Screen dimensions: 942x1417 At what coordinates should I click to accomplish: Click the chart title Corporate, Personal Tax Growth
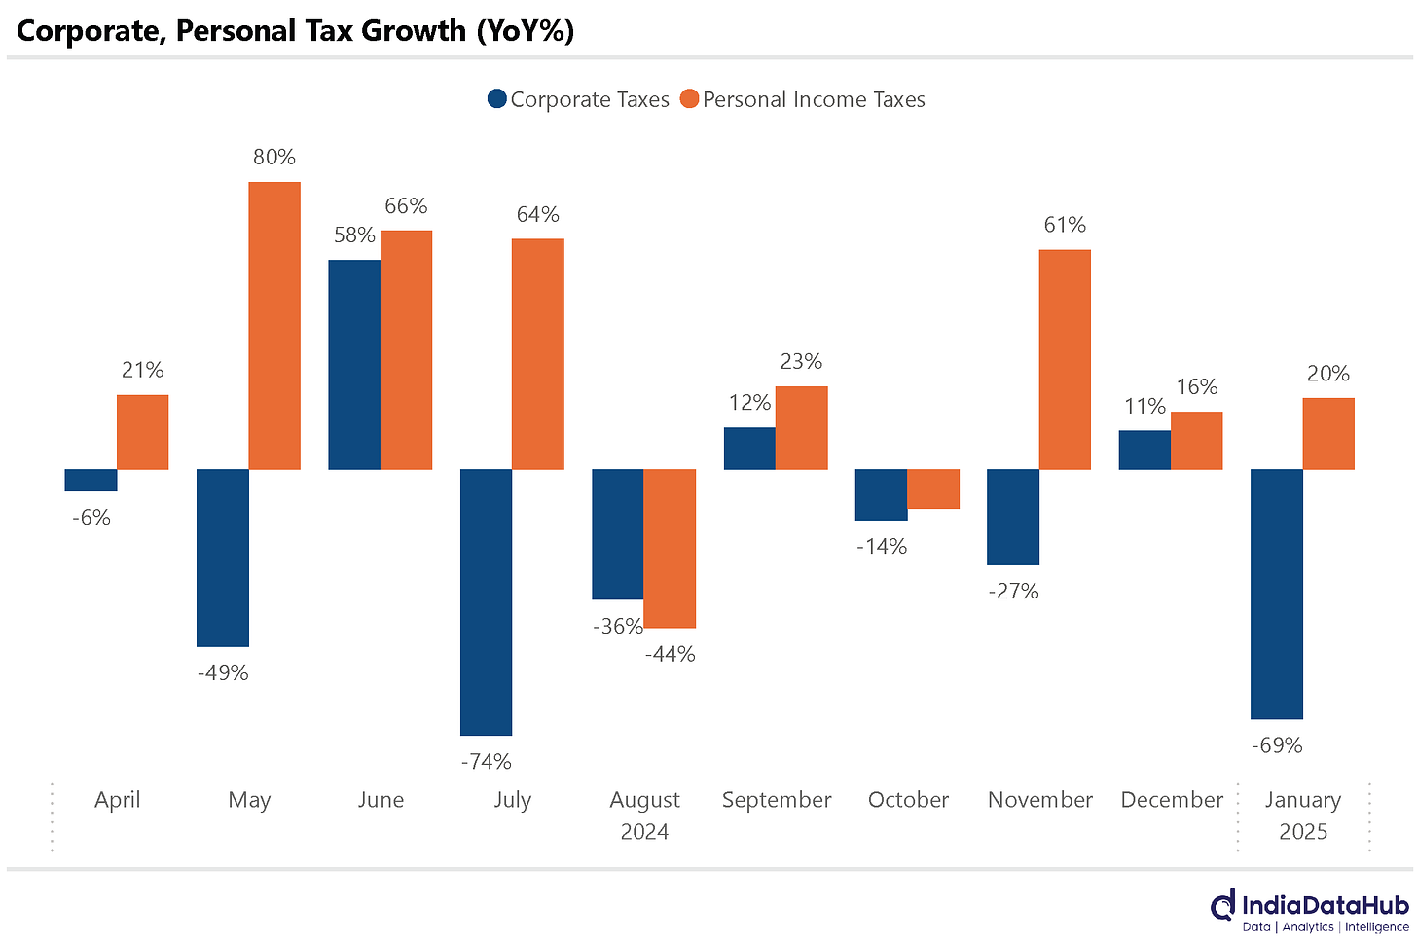pyautogui.click(x=296, y=31)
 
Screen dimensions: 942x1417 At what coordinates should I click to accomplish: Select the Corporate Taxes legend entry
pyautogui.click(x=578, y=99)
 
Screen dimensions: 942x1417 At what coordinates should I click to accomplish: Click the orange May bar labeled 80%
pyautogui.click(x=274, y=325)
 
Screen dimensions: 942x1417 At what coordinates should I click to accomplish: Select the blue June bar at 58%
pyautogui.click(x=354, y=364)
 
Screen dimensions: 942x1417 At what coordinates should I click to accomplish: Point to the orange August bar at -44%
pyautogui.click(x=670, y=548)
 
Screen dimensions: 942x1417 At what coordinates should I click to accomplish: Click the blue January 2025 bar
pyautogui.click(x=1276, y=594)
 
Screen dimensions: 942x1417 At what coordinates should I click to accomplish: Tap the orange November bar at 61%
pyautogui.click(x=1065, y=359)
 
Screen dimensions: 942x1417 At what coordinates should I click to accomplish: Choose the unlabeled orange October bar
pyautogui.click(x=933, y=489)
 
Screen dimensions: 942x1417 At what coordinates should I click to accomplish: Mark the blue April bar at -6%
pyautogui.click(x=91, y=480)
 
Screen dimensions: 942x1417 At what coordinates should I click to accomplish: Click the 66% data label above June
pyautogui.click(x=406, y=206)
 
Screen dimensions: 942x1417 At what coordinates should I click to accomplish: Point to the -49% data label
pyautogui.click(x=223, y=672)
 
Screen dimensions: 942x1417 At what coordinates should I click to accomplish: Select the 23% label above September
pyautogui.click(x=801, y=362)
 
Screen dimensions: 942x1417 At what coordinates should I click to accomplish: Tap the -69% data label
pyautogui.click(x=1277, y=745)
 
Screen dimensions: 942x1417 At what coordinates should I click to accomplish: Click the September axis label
pyautogui.click(x=776, y=800)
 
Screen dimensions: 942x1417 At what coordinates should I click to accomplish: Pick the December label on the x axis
pyautogui.click(x=1172, y=800)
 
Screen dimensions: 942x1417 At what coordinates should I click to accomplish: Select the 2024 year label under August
pyautogui.click(x=644, y=832)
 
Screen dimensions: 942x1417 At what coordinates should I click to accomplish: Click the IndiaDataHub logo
pyautogui.click(x=1309, y=911)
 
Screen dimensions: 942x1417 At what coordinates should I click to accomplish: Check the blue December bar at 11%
pyautogui.click(x=1144, y=450)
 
